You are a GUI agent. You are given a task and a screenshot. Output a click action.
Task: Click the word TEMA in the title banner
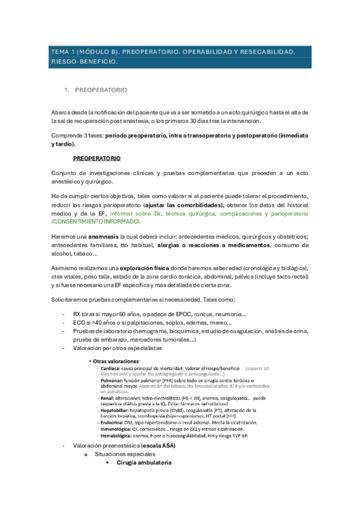60,52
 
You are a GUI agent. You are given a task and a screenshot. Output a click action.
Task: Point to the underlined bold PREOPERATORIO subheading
97,159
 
